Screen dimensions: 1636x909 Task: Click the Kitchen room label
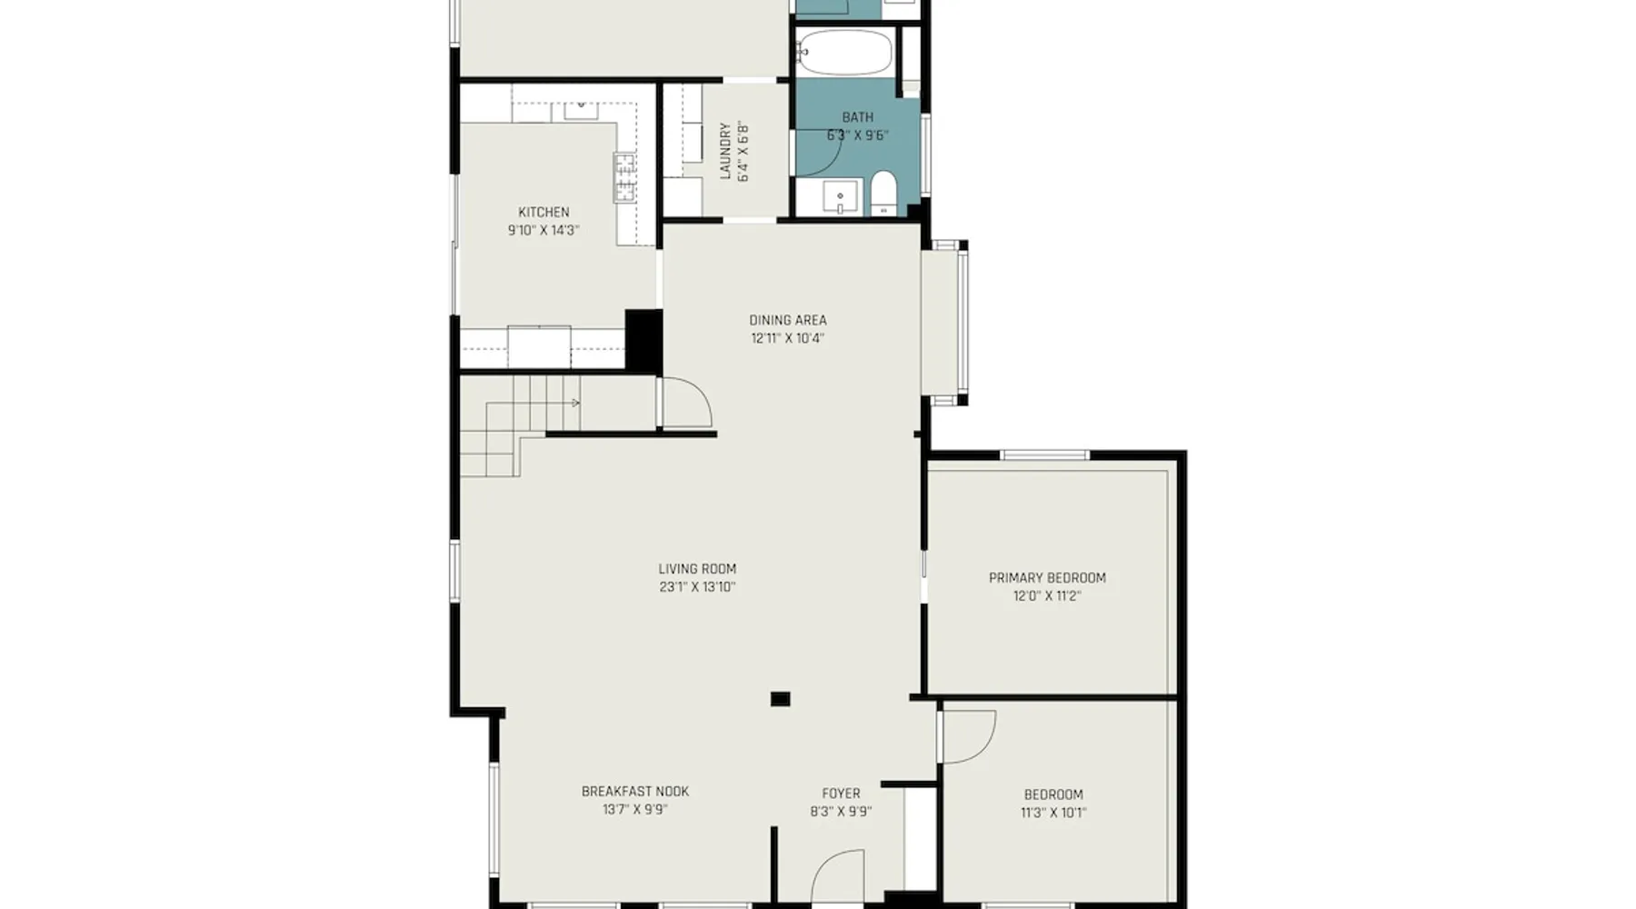tap(544, 212)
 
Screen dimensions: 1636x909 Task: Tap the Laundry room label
tap(725, 152)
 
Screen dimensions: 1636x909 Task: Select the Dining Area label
tap(788, 320)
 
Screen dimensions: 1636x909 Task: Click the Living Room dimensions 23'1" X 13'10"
tap(697, 587)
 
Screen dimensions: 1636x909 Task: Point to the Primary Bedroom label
tap(1047, 578)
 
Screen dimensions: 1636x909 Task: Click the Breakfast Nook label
tap(635, 792)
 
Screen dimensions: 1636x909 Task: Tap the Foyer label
tap(841, 794)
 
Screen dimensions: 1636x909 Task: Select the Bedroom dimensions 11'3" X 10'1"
tap(1053, 814)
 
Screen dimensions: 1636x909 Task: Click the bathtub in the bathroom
tap(846, 53)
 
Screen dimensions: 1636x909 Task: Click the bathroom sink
tap(840, 196)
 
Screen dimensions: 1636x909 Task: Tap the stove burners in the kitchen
tap(624, 177)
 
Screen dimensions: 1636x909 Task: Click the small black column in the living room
tap(780, 699)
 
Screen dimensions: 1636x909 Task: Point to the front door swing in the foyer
tap(836, 878)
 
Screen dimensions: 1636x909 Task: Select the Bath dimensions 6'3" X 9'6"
tap(857, 136)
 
